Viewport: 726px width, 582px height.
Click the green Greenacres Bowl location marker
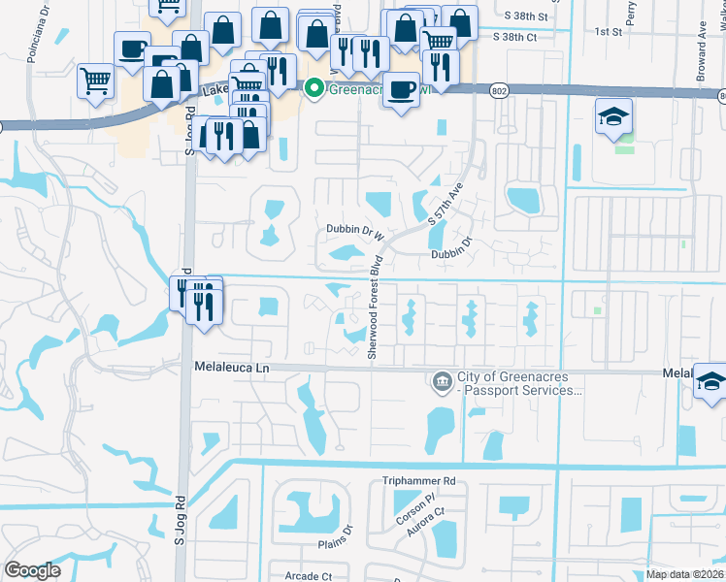(x=313, y=89)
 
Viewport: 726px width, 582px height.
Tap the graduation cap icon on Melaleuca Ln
(x=710, y=383)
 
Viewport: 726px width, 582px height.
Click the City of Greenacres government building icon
(x=442, y=381)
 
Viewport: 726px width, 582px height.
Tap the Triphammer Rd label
(x=419, y=480)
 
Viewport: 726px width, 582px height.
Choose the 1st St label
(x=609, y=31)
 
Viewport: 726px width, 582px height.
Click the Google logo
(x=32, y=570)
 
